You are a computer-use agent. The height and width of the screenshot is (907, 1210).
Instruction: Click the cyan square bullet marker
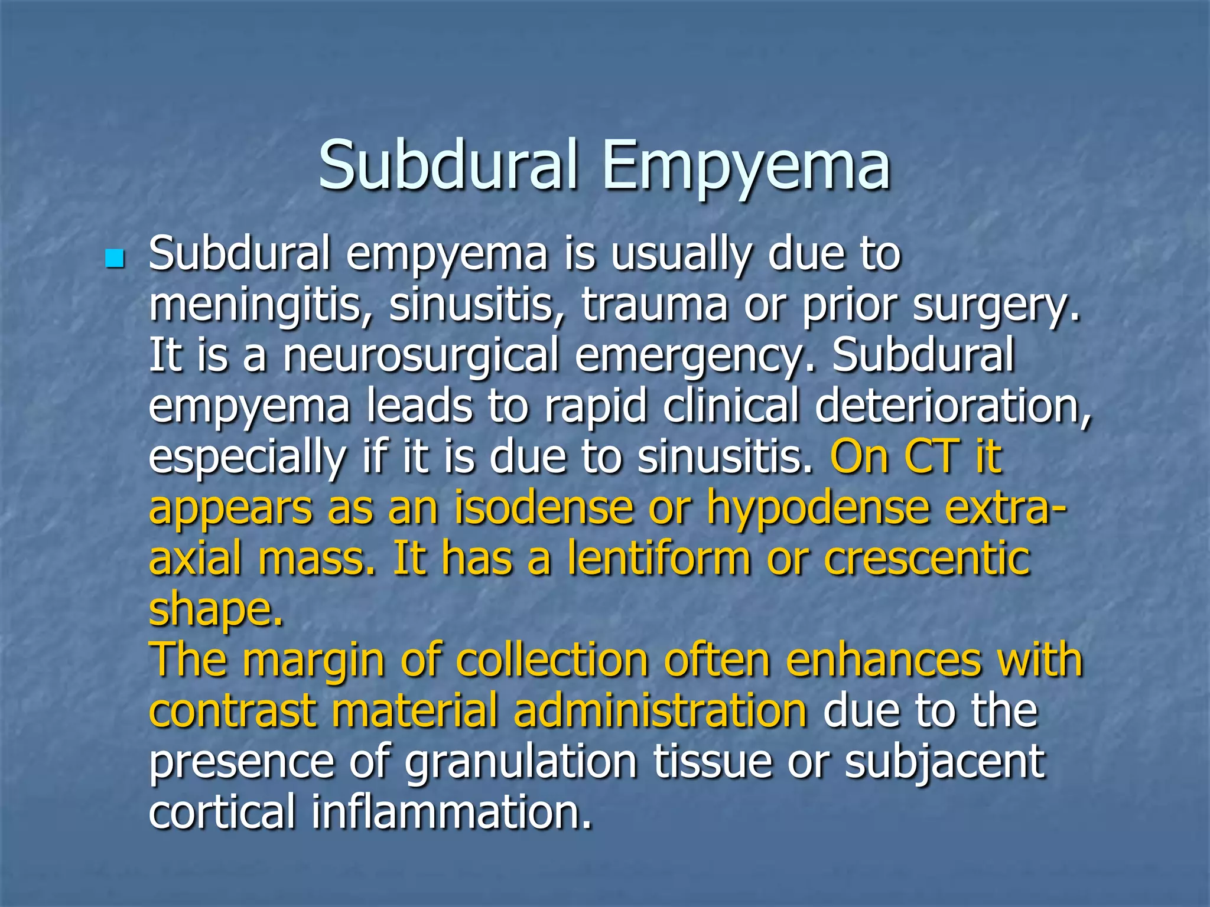click(115, 259)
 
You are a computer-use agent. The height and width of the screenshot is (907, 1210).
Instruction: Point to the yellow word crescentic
click(927, 558)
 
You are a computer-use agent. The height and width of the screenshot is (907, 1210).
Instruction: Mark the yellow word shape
click(215, 609)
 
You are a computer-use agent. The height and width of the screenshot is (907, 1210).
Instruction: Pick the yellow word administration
click(660, 710)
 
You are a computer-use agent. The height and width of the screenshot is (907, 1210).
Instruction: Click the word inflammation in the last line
click(451, 812)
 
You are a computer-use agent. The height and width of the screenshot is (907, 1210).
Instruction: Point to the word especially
click(247, 458)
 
